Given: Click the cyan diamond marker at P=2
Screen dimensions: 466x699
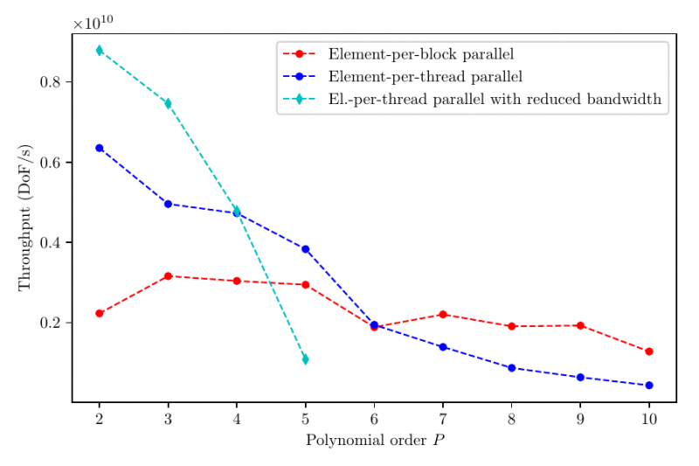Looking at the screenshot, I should point(100,50).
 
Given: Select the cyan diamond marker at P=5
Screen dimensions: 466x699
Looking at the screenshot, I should point(305,359).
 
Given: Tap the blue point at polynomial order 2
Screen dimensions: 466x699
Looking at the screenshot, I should point(100,148).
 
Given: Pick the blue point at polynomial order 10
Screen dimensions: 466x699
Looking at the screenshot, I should point(649,386).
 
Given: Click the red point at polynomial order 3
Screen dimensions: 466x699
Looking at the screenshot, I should point(168,276).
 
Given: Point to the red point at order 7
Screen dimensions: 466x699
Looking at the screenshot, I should point(443,314).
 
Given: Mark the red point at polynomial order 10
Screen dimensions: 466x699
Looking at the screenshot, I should point(649,351).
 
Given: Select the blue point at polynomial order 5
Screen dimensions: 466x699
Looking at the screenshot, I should point(305,249).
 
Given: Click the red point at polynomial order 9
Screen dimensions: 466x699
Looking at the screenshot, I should point(580,325).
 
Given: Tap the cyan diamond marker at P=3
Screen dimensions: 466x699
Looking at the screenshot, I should point(168,103).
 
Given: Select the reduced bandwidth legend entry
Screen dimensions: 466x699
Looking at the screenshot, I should point(495,100).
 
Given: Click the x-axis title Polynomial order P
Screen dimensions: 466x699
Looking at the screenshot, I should point(374,440).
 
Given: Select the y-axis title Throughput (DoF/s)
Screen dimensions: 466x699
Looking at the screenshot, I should point(24,219).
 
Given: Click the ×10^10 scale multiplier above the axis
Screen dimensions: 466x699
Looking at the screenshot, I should point(93,23).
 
